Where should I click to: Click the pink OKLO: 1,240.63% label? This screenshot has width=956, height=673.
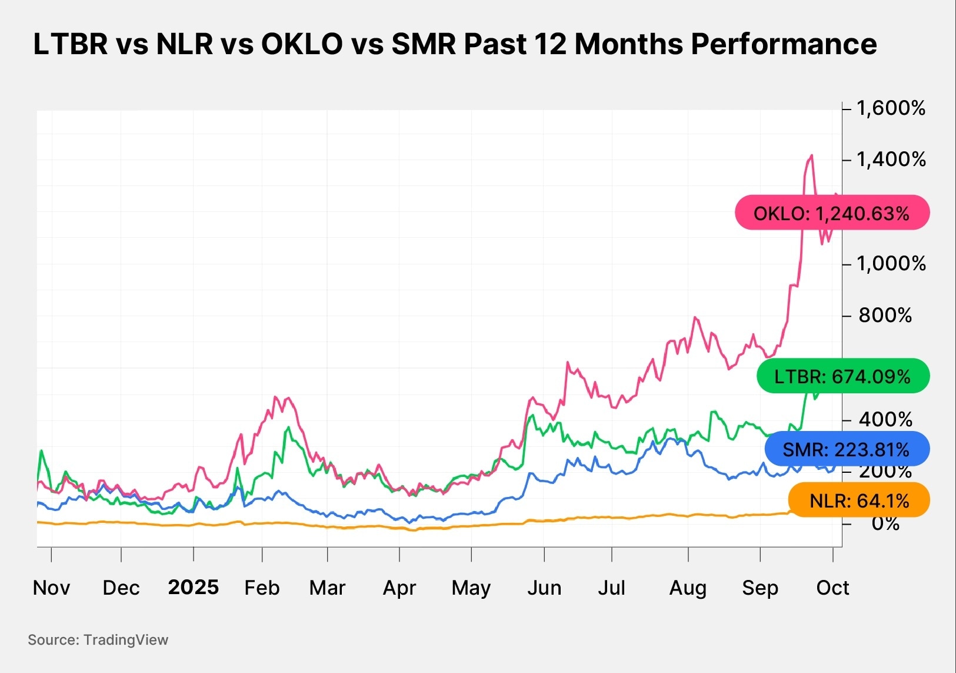(832, 213)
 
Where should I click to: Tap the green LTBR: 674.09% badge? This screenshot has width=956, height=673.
(842, 376)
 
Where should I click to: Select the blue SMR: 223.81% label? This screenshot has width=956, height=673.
(847, 450)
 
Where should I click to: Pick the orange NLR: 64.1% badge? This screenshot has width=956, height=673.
(859, 500)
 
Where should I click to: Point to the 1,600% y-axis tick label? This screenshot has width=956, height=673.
(891, 108)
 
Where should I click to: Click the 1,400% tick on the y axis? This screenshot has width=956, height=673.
(891, 160)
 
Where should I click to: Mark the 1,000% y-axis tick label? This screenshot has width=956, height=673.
(891, 263)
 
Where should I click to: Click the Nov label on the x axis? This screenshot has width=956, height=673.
(51, 588)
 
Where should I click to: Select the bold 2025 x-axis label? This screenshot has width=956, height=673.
(193, 587)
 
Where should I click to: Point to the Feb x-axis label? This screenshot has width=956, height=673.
(262, 588)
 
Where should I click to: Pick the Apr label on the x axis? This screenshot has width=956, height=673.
(399, 588)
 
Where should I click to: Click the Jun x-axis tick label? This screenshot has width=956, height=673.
(544, 588)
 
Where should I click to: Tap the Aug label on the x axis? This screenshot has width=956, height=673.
(688, 588)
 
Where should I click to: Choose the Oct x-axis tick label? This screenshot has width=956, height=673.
(832, 588)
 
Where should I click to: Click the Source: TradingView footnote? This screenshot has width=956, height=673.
(98, 640)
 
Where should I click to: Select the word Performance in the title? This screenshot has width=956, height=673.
(784, 44)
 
